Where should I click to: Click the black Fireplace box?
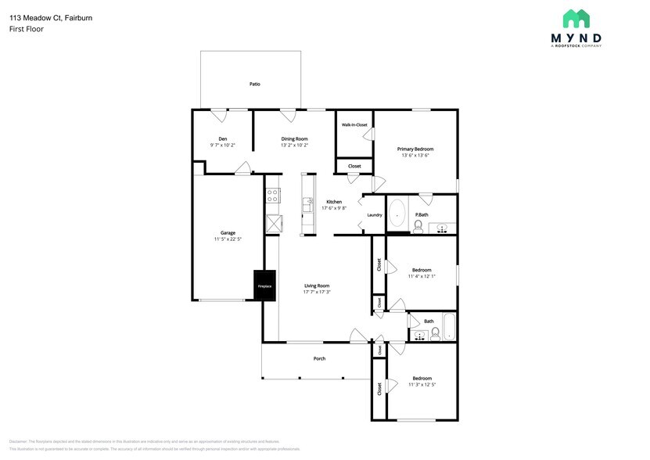tap(264, 286)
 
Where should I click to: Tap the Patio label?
tap(254, 84)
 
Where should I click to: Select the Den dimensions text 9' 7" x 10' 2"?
tap(222, 146)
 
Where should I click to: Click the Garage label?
tap(228, 232)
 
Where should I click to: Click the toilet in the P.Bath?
tap(418, 227)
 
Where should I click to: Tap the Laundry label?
tap(374, 215)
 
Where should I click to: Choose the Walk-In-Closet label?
tap(354, 124)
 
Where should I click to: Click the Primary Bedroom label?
tap(415, 149)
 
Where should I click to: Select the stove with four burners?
tap(272, 196)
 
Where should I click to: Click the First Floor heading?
tap(27, 29)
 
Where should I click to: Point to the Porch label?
tap(319, 358)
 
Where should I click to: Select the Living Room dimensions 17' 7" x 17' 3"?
tap(317, 293)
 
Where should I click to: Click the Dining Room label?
tap(294, 138)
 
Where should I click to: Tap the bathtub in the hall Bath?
tap(449, 328)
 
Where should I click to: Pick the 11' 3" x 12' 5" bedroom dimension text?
tap(422, 384)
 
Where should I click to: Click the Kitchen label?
tap(334, 201)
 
